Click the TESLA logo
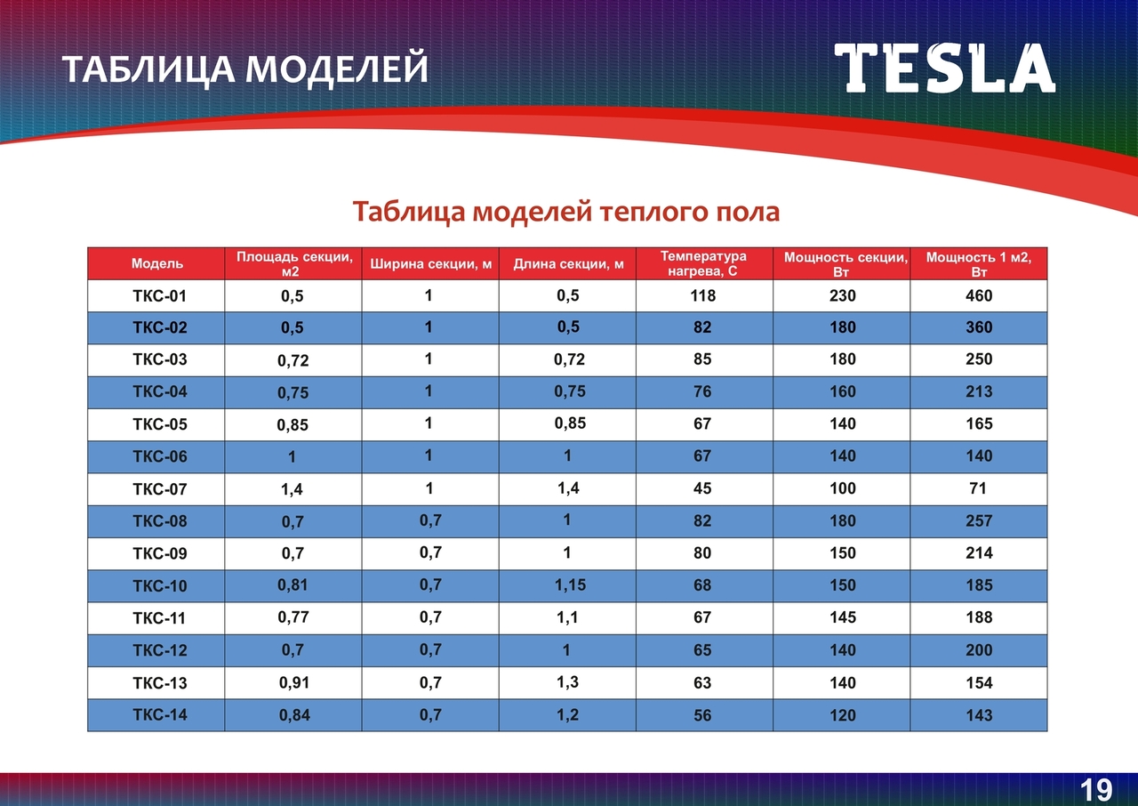point(944,69)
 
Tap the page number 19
point(1096,790)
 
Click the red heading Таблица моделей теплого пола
point(566,212)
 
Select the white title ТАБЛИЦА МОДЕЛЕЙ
point(245,69)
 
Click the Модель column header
point(157,263)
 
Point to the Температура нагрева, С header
point(703,263)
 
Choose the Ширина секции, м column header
point(431,263)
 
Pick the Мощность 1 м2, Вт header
point(979,264)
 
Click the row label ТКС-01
point(159,295)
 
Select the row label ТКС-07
point(159,489)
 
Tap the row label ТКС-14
point(159,715)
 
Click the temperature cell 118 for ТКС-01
point(702,295)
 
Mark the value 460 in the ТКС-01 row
point(979,295)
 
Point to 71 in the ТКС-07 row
point(978,488)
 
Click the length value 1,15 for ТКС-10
point(570,585)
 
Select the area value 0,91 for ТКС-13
point(294,683)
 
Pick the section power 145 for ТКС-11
point(843,617)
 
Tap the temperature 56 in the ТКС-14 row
point(702,715)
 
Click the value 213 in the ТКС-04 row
point(979,391)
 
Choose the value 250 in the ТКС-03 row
point(979,359)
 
